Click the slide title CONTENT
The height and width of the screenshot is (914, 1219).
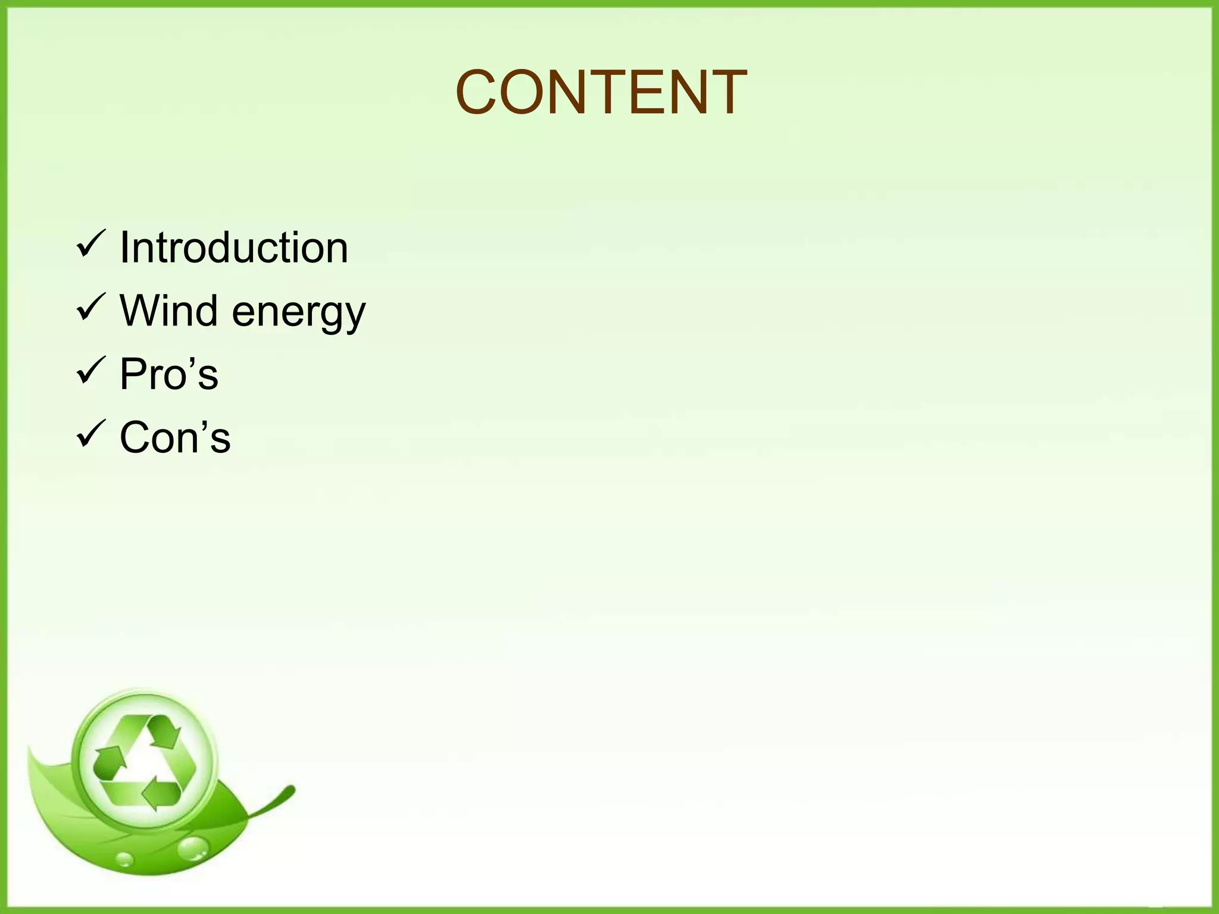click(x=601, y=92)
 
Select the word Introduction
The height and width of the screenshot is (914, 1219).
click(x=234, y=247)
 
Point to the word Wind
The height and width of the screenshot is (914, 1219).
click(x=168, y=310)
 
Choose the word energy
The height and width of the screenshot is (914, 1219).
click(x=298, y=312)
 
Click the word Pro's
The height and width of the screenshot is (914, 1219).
click(x=169, y=374)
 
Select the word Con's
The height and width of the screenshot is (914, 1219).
click(x=175, y=437)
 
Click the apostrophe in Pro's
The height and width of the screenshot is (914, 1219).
click(x=192, y=361)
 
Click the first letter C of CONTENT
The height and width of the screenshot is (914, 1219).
click(x=480, y=93)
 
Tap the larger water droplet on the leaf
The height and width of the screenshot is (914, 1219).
click(x=192, y=849)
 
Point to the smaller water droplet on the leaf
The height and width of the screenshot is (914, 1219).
click(x=125, y=859)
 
